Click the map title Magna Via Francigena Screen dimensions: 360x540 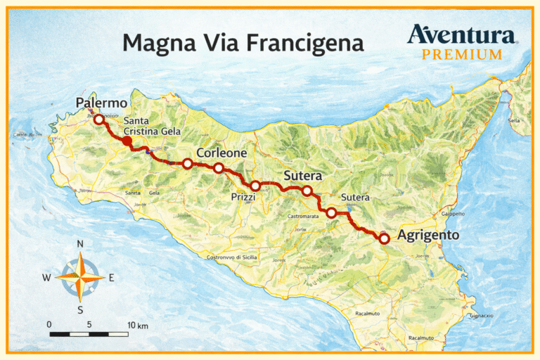[x=243, y=43]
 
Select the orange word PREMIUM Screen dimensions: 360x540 [x=461, y=54]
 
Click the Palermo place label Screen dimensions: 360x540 [x=102, y=104]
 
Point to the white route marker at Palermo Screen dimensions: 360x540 [x=99, y=120]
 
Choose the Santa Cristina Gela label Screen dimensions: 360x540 [x=152, y=126]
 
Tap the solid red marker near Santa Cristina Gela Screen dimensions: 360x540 [x=127, y=141]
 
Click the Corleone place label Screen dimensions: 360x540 [x=221, y=152]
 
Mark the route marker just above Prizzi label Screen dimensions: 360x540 [x=255, y=186]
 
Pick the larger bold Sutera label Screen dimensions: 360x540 [x=302, y=175]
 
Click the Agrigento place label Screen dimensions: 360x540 [x=428, y=236]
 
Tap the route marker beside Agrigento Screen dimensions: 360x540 [x=385, y=239]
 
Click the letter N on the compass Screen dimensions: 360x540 [x=80, y=244]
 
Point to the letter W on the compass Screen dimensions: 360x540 [x=46, y=277]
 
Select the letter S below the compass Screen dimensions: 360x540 [x=80, y=309]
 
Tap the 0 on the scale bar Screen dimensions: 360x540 [x=49, y=325]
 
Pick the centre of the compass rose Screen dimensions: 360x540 [x=80, y=276]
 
